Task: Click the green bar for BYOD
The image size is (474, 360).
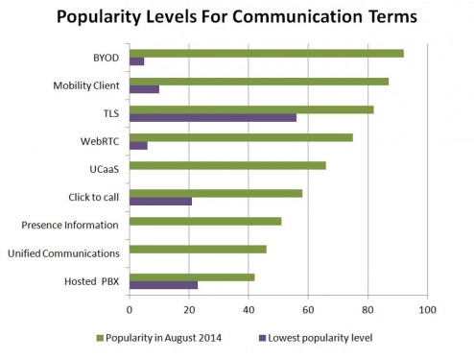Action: [266, 53]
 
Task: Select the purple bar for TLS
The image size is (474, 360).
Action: [212, 117]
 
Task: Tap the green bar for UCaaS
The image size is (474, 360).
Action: [227, 165]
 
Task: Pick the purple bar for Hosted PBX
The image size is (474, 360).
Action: [163, 285]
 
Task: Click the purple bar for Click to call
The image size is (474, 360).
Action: [160, 201]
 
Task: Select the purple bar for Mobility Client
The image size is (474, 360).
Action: [144, 89]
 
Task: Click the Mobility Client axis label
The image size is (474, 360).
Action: [85, 85]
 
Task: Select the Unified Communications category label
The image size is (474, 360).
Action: [64, 252]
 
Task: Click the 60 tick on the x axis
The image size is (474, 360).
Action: [308, 310]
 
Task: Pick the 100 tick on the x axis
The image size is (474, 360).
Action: [427, 310]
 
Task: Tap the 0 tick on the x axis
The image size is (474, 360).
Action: [130, 310]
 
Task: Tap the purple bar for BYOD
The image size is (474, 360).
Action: [136, 61]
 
